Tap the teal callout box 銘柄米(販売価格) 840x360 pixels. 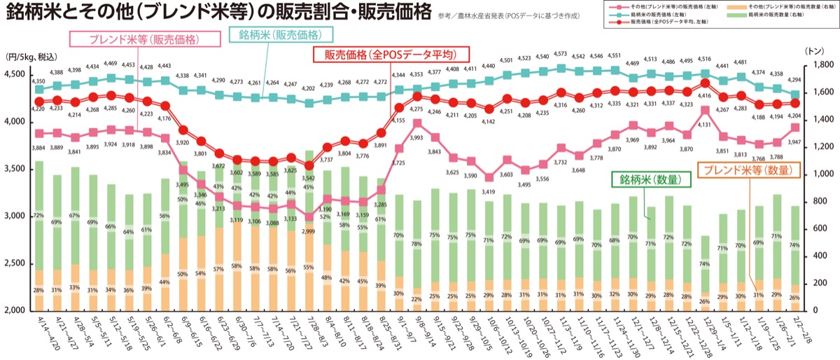[x=281, y=34]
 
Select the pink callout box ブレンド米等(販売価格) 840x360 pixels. [x=139, y=40]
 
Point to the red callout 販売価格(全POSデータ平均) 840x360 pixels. [x=390, y=55]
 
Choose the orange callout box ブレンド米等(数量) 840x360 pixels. [x=743, y=170]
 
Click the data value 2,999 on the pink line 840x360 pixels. [x=309, y=231]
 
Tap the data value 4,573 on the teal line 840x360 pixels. [x=560, y=54]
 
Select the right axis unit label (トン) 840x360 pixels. [x=815, y=51]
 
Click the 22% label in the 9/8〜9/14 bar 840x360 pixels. [x=417, y=299]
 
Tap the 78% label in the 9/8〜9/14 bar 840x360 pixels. [x=417, y=244]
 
